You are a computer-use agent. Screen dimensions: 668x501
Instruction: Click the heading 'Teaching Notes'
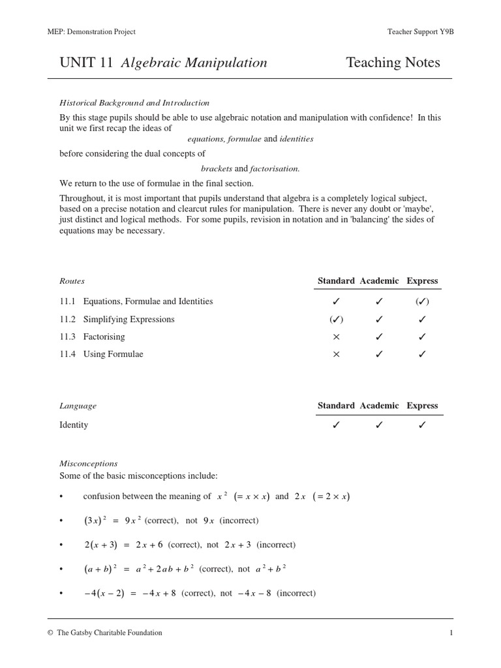[x=393, y=63]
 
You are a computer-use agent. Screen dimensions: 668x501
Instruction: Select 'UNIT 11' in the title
[x=86, y=63]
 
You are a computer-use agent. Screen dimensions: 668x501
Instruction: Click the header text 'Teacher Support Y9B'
[x=420, y=32]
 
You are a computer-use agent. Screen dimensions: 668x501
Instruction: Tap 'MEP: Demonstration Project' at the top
[x=92, y=32]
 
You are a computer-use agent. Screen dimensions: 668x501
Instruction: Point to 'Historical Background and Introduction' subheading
[x=134, y=102]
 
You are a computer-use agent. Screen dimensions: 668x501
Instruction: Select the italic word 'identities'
[x=297, y=138]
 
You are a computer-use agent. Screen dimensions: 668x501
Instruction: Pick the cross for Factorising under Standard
[x=336, y=337]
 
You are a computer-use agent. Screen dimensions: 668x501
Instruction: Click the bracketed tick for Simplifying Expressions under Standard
[x=336, y=319]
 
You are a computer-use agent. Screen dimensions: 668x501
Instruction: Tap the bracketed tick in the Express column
[x=422, y=301]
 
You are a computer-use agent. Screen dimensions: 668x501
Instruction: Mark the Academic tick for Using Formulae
[x=379, y=354]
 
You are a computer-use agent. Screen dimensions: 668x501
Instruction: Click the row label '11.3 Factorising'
[x=92, y=337]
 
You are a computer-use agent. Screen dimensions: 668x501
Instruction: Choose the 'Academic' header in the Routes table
[x=379, y=281]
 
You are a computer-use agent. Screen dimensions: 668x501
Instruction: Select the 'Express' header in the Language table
[x=422, y=405]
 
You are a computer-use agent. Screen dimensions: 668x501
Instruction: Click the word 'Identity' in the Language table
[x=74, y=425]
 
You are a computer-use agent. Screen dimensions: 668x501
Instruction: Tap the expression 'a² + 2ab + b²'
[x=164, y=569]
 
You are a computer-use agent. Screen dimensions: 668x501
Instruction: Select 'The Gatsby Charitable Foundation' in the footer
[x=109, y=632]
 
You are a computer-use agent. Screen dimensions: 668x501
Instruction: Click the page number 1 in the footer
[x=450, y=632]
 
